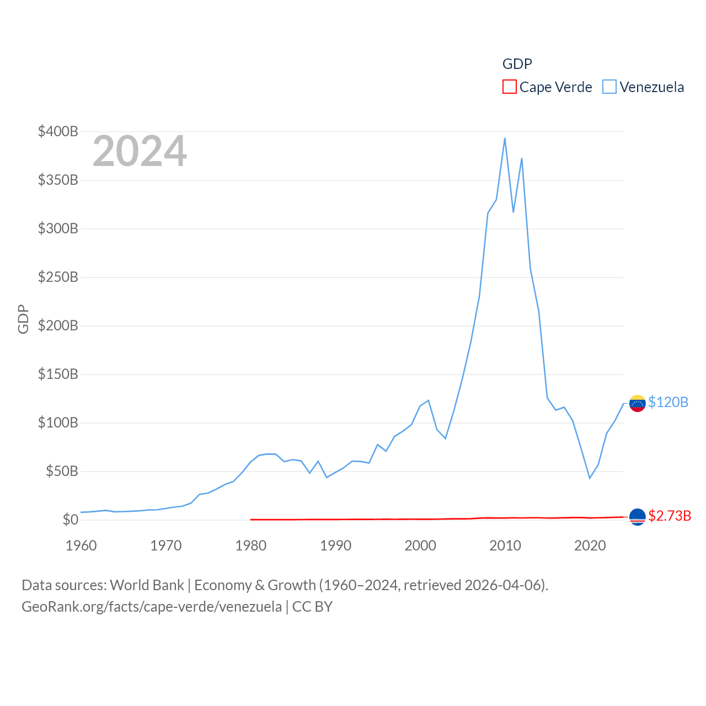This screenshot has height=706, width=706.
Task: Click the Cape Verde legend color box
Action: pos(509,87)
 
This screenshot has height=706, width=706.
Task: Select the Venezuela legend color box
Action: pos(609,87)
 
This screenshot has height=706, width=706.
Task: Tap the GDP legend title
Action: pos(517,64)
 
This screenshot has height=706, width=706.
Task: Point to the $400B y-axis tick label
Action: pos(58,131)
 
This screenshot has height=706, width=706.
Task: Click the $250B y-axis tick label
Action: pos(58,277)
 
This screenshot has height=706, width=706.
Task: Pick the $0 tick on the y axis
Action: pos(70,520)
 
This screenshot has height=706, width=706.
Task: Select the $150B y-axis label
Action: pos(58,374)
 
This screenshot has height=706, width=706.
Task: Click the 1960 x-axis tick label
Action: pos(81,545)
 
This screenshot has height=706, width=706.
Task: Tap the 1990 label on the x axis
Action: pos(335,545)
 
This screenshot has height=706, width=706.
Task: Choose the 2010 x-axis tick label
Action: pos(505,545)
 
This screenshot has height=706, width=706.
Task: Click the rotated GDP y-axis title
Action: pos(23,319)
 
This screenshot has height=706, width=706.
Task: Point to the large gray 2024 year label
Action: pos(140,151)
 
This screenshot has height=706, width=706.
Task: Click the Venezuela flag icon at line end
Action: pos(637,403)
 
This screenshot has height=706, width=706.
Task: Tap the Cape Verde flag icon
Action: pos(637,517)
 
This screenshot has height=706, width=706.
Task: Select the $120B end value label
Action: pos(668,402)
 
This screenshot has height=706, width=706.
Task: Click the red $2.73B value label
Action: pos(670,516)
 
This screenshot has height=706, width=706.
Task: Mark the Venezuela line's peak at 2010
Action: pos(505,138)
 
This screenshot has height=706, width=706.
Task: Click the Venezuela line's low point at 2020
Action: pos(590,478)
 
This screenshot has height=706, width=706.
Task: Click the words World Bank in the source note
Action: pos(147,585)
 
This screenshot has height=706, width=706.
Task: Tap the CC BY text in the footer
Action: pos(312,607)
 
